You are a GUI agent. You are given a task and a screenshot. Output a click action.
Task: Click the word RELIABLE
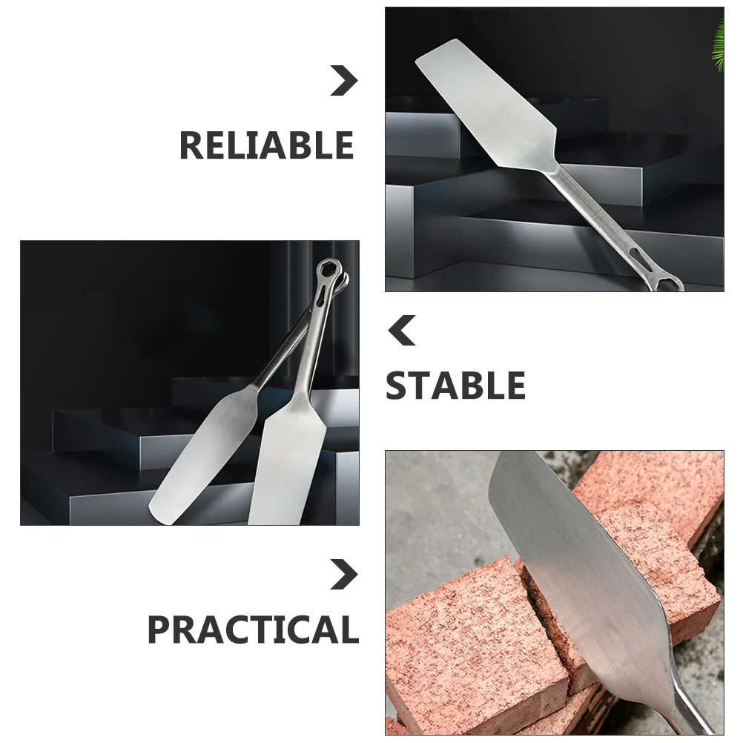(x=266, y=145)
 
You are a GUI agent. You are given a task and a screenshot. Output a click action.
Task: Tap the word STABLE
(x=455, y=386)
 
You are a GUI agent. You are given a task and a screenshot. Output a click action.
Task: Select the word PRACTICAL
(x=253, y=630)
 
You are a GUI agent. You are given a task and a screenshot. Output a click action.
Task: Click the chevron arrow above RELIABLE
(x=343, y=81)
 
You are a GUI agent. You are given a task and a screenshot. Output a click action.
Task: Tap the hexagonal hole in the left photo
(x=328, y=269)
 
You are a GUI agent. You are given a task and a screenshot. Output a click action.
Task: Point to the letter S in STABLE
(x=399, y=386)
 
